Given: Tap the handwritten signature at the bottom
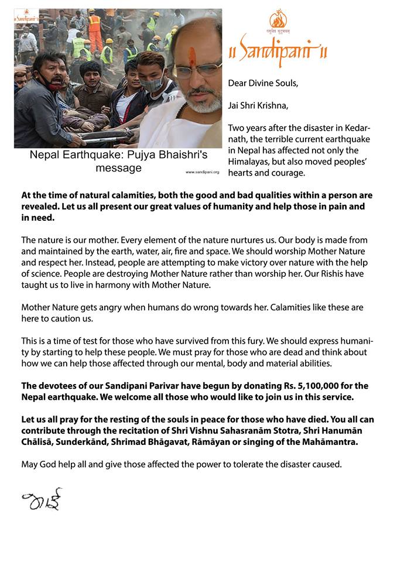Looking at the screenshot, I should point(42,499).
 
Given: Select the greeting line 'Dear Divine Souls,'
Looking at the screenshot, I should point(263,83).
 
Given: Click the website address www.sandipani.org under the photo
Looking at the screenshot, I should point(203,172).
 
